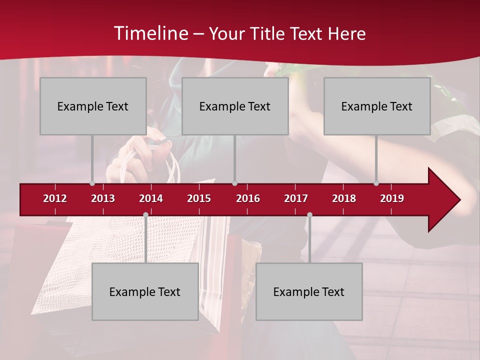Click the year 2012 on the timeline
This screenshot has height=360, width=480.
point(55,198)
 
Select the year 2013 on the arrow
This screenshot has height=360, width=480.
point(103,198)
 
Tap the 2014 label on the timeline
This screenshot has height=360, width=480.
point(151,198)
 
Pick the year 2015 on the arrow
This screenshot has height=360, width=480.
point(199,198)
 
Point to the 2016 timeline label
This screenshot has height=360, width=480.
point(248,198)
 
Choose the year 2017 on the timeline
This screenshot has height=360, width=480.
point(296,198)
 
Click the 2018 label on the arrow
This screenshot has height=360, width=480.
point(344,198)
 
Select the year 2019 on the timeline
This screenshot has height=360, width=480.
point(392,198)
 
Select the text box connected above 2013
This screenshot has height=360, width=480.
point(93,106)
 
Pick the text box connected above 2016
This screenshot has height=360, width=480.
point(235,106)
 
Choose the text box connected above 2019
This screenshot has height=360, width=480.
point(377,106)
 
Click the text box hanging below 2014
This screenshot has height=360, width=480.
point(145,291)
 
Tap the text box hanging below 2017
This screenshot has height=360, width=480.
point(309,291)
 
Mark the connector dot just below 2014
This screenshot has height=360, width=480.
point(145,215)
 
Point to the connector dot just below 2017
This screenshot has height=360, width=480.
point(309,215)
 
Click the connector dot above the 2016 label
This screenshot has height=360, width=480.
point(234,183)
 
